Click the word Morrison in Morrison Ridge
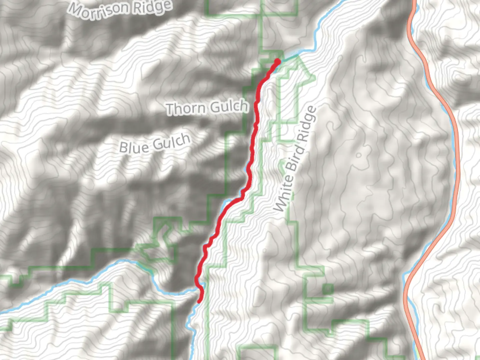(x=99, y=10)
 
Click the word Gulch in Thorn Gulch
(x=230, y=107)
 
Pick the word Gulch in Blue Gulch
(x=172, y=142)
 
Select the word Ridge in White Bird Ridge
(x=307, y=122)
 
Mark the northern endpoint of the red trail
(x=277, y=61)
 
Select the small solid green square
(x=328, y=289)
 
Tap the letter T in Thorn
(x=171, y=109)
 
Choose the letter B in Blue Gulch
(x=124, y=148)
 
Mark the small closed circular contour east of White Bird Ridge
(x=359, y=155)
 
